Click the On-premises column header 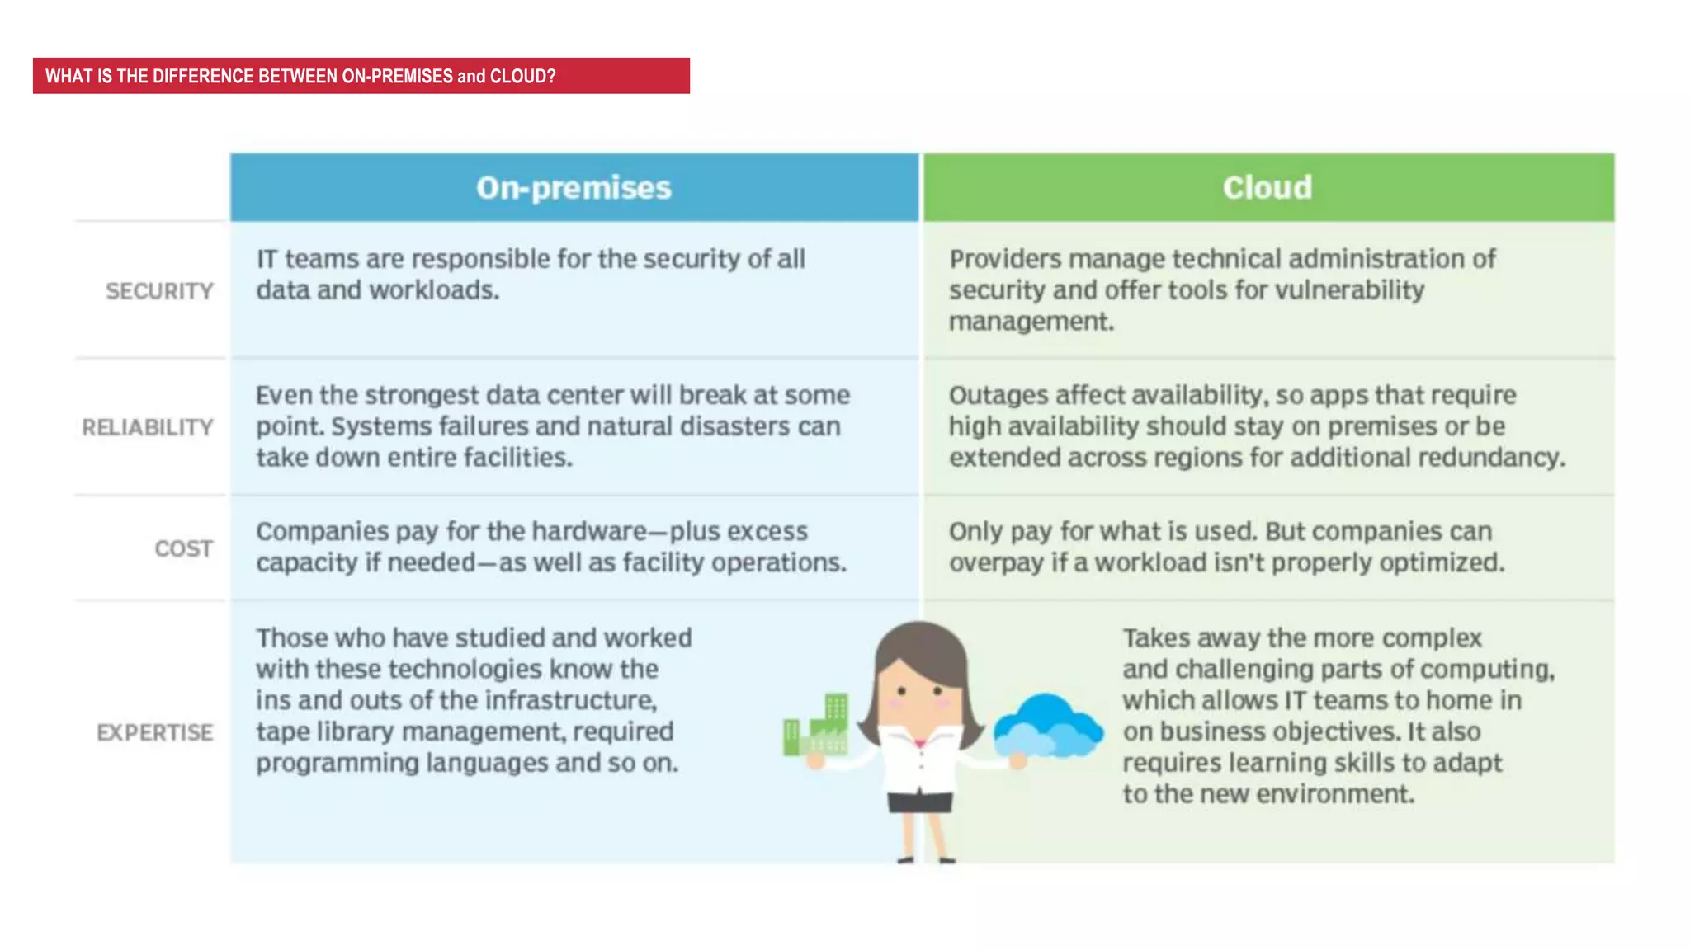574,188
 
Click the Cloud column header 1267,188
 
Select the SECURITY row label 159,291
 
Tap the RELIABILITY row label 148,427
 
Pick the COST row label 183,548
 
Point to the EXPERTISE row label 154,732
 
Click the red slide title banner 361,76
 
